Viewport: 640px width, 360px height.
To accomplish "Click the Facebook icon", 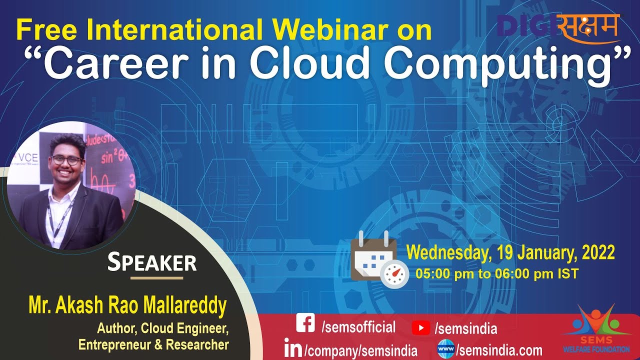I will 305,323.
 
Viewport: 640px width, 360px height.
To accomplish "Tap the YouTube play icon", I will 421,327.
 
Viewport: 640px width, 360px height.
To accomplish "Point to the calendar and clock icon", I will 378,259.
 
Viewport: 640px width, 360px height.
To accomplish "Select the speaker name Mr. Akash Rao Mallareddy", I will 127,305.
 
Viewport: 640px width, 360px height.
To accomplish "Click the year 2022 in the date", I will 598,252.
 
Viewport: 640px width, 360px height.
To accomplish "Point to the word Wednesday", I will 447,252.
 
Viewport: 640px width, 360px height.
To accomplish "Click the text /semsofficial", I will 358,327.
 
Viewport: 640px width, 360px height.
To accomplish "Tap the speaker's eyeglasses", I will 67,160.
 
